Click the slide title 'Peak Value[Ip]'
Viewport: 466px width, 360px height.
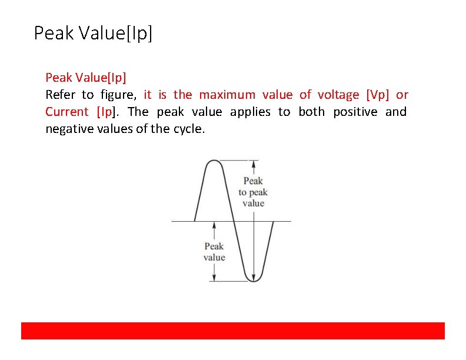coord(93,33)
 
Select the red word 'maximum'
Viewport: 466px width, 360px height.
coord(227,95)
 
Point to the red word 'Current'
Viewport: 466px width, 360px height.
coord(67,112)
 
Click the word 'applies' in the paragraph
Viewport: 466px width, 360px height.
coord(251,112)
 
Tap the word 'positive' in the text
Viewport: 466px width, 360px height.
coord(355,112)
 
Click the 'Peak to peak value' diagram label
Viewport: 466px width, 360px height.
coord(253,192)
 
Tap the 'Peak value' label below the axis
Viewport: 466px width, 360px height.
coord(214,252)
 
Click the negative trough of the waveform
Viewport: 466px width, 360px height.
coord(254,279)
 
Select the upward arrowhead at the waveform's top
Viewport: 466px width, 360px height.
coord(254,164)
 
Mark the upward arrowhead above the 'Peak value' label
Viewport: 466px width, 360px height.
coord(214,226)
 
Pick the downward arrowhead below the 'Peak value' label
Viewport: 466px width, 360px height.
coord(214,277)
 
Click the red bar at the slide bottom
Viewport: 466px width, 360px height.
coord(233,331)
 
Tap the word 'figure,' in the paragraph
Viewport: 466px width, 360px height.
coord(118,95)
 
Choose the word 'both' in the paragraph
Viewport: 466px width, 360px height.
coord(311,112)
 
